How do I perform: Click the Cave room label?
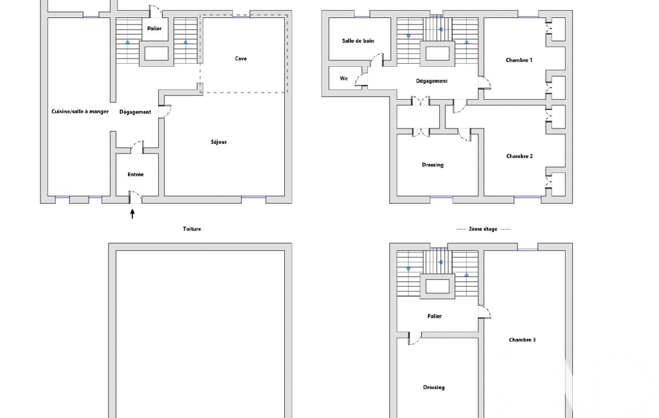(x=241, y=59)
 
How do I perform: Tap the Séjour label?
(x=219, y=142)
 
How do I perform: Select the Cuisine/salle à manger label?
(x=80, y=111)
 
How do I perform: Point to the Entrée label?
(x=135, y=174)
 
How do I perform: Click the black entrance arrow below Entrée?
(x=132, y=214)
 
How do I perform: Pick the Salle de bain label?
(x=358, y=41)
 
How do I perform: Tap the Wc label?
(x=344, y=78)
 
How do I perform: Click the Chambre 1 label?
(x=519, y=60)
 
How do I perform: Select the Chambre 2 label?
(x=519, y=156)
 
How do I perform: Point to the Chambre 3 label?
(x=522, y=340)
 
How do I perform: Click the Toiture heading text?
(x=192, y=229)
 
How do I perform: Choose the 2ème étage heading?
(x=483, y=229)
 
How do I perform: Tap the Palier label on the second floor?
(x=435, y=316)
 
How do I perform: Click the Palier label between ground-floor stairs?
(x=154, y=28)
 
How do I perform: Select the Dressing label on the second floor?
(x=434, y=387)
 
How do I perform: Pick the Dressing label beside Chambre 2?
(x=433, y=165)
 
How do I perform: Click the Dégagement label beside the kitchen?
(x=135, y=112)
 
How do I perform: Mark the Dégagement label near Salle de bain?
(x=431, y=81)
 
